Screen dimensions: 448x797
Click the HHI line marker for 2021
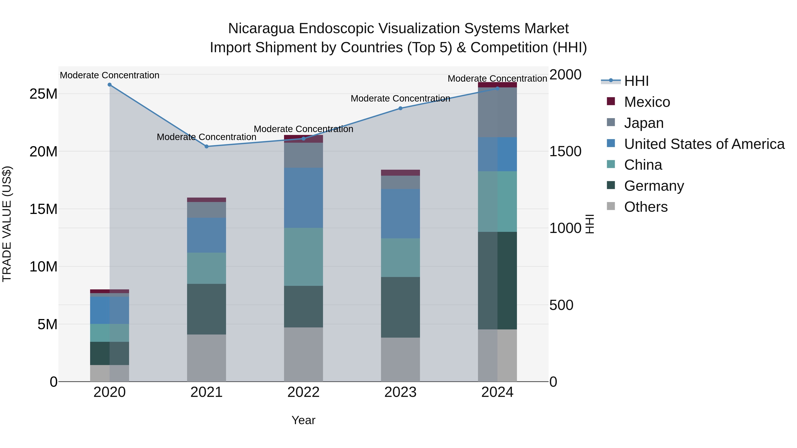pos(207,146)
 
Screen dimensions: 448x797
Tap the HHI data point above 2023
pos(400,108)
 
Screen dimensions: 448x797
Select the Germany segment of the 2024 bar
pos(497,281)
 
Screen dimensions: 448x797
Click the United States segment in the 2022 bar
pos(304,198)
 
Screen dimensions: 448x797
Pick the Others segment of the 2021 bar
pos(207,358)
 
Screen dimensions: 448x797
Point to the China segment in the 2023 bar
pos(400,258)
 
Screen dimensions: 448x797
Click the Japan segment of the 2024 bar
pos(497,112)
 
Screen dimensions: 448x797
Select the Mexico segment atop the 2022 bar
pos(304,139)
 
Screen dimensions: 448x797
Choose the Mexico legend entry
pos(647,102)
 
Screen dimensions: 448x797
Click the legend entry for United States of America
pos(704,144)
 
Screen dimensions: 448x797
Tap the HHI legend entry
pos(636,81)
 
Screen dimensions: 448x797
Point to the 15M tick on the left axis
pos(43,209)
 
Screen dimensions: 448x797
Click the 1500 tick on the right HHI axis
pos(565,152)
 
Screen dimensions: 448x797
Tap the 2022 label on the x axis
pos(304,392)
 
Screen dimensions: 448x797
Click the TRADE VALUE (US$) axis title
pos(7,224)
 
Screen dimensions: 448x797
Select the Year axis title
pos(304,420)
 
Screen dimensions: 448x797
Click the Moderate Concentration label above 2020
pos(110,75)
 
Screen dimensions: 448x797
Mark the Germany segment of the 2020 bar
pos(110,353)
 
